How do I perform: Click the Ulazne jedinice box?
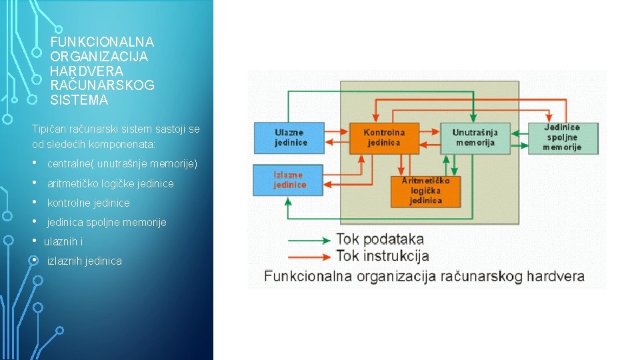point(289,138)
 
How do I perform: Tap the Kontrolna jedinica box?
point(384,138)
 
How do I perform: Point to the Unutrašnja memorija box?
point(475,138)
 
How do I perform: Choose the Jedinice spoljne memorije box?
point(563,137)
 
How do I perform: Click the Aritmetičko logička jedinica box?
point(426,191)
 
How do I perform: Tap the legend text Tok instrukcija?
point(383,256)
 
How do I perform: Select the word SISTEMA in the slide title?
point(79,101)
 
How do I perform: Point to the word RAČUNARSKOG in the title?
point(102,86)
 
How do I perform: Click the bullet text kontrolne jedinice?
point(89,203)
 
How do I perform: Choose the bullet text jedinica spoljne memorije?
point(107,222)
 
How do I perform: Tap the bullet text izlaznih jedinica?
point(85,261)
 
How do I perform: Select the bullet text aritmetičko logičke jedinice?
point(111,183)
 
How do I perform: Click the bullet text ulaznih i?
point(63,241)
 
